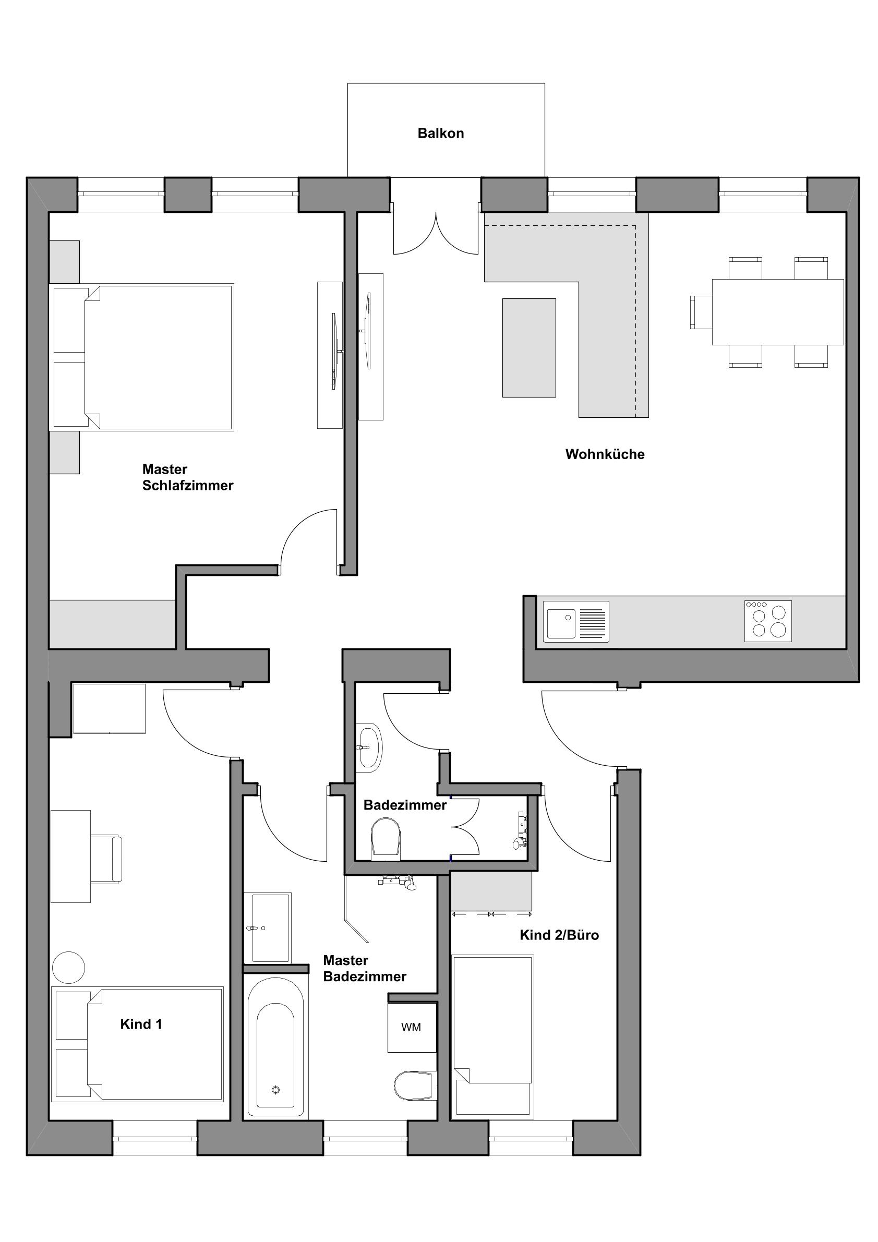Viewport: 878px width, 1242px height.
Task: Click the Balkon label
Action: click(440, 133)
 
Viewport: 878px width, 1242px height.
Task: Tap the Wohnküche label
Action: click(605, 454)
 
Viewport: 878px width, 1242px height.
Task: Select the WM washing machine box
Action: click(412, 1027)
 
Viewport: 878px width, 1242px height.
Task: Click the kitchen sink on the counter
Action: click(576, 622)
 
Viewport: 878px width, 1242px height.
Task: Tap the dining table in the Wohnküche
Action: click(777, 312)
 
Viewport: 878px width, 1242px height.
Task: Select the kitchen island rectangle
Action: click(528, 348)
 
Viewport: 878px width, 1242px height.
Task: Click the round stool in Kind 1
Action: click(69, 967)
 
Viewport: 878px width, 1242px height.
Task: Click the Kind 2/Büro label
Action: click(559, 935)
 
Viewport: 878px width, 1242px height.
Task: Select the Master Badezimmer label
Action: click(364, 968)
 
